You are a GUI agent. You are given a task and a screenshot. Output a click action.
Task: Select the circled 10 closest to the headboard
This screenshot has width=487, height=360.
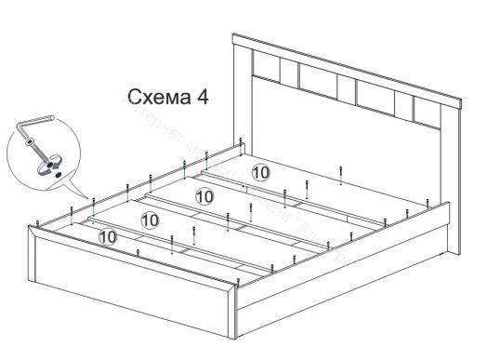click(260, 171)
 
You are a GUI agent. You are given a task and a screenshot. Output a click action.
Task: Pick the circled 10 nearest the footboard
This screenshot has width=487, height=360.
click(108, 238)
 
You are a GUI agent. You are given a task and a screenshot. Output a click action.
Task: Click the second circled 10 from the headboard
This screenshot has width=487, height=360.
click(204, 196)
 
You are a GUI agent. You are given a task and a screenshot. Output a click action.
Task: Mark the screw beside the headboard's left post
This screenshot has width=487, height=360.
click(243, 143)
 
